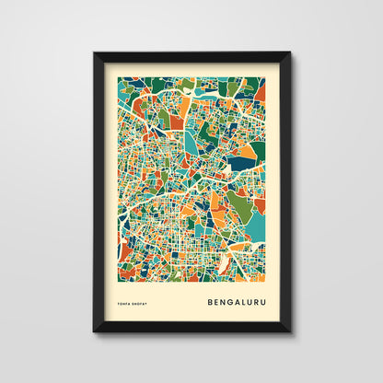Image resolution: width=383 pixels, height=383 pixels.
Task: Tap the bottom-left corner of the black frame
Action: pos(94,331)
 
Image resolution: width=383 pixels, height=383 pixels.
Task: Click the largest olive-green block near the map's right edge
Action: pos(240,205)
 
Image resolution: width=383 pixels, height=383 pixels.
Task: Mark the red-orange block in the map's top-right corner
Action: pos(260,91)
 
